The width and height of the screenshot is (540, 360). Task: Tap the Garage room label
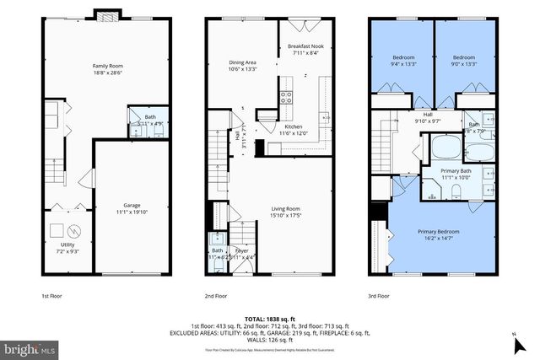point(131,205)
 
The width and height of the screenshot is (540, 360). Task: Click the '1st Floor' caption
point(52,296)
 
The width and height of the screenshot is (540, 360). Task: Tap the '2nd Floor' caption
point(216,296)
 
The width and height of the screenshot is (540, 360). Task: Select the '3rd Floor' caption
point(379,296)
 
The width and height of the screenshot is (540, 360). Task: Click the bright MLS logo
point(30,347)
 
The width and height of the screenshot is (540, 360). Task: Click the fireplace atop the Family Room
point(107,14)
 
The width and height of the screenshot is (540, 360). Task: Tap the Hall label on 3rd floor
point(427,115)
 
